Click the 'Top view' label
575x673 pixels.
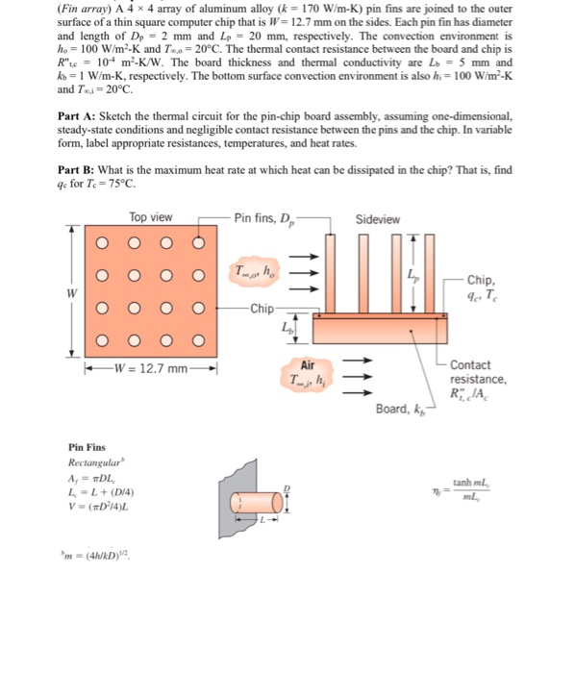[151, 217]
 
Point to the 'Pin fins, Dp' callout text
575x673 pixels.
[266, 218]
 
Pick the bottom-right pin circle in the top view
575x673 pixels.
[199, 339]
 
